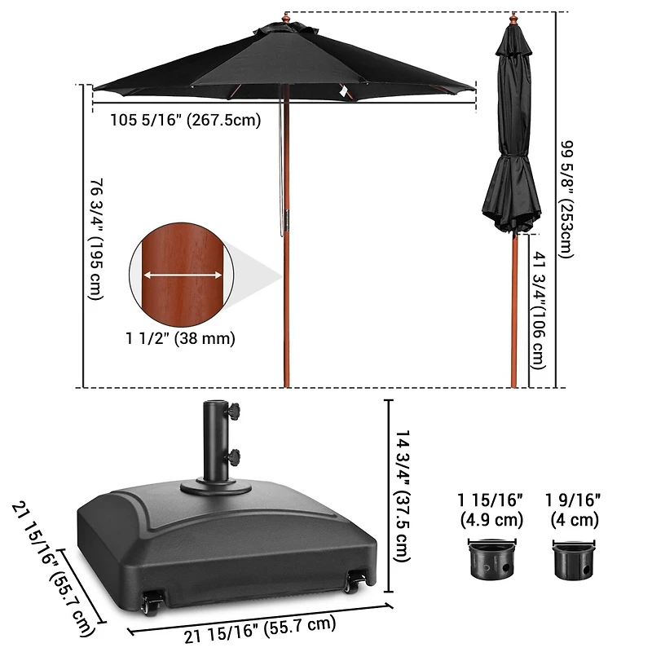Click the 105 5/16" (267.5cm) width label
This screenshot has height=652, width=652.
[x=185, y=121]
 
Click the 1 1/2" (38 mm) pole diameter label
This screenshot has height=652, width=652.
[x=180, y=338]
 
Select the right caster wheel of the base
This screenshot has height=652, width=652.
[x=354, y=582]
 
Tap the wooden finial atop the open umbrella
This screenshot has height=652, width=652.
[x=286, y=17]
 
